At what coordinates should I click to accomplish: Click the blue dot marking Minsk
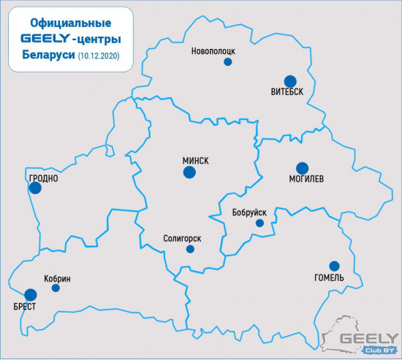coord(189,173)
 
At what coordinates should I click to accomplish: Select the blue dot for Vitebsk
coord(290,81)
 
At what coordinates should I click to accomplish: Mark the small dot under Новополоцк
coord(227,63)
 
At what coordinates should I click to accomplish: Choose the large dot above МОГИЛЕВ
coord(302,168)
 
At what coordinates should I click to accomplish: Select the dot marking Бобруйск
coord(259,223)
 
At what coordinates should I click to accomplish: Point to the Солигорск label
coord(183,238)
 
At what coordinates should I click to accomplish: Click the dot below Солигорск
coord(190,250)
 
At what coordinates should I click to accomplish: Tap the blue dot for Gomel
coord(334,266)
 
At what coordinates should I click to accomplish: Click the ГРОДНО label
coord(43,178)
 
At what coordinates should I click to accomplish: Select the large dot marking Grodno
coord(35,188)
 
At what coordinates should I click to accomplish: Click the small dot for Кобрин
coord(56,288)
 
